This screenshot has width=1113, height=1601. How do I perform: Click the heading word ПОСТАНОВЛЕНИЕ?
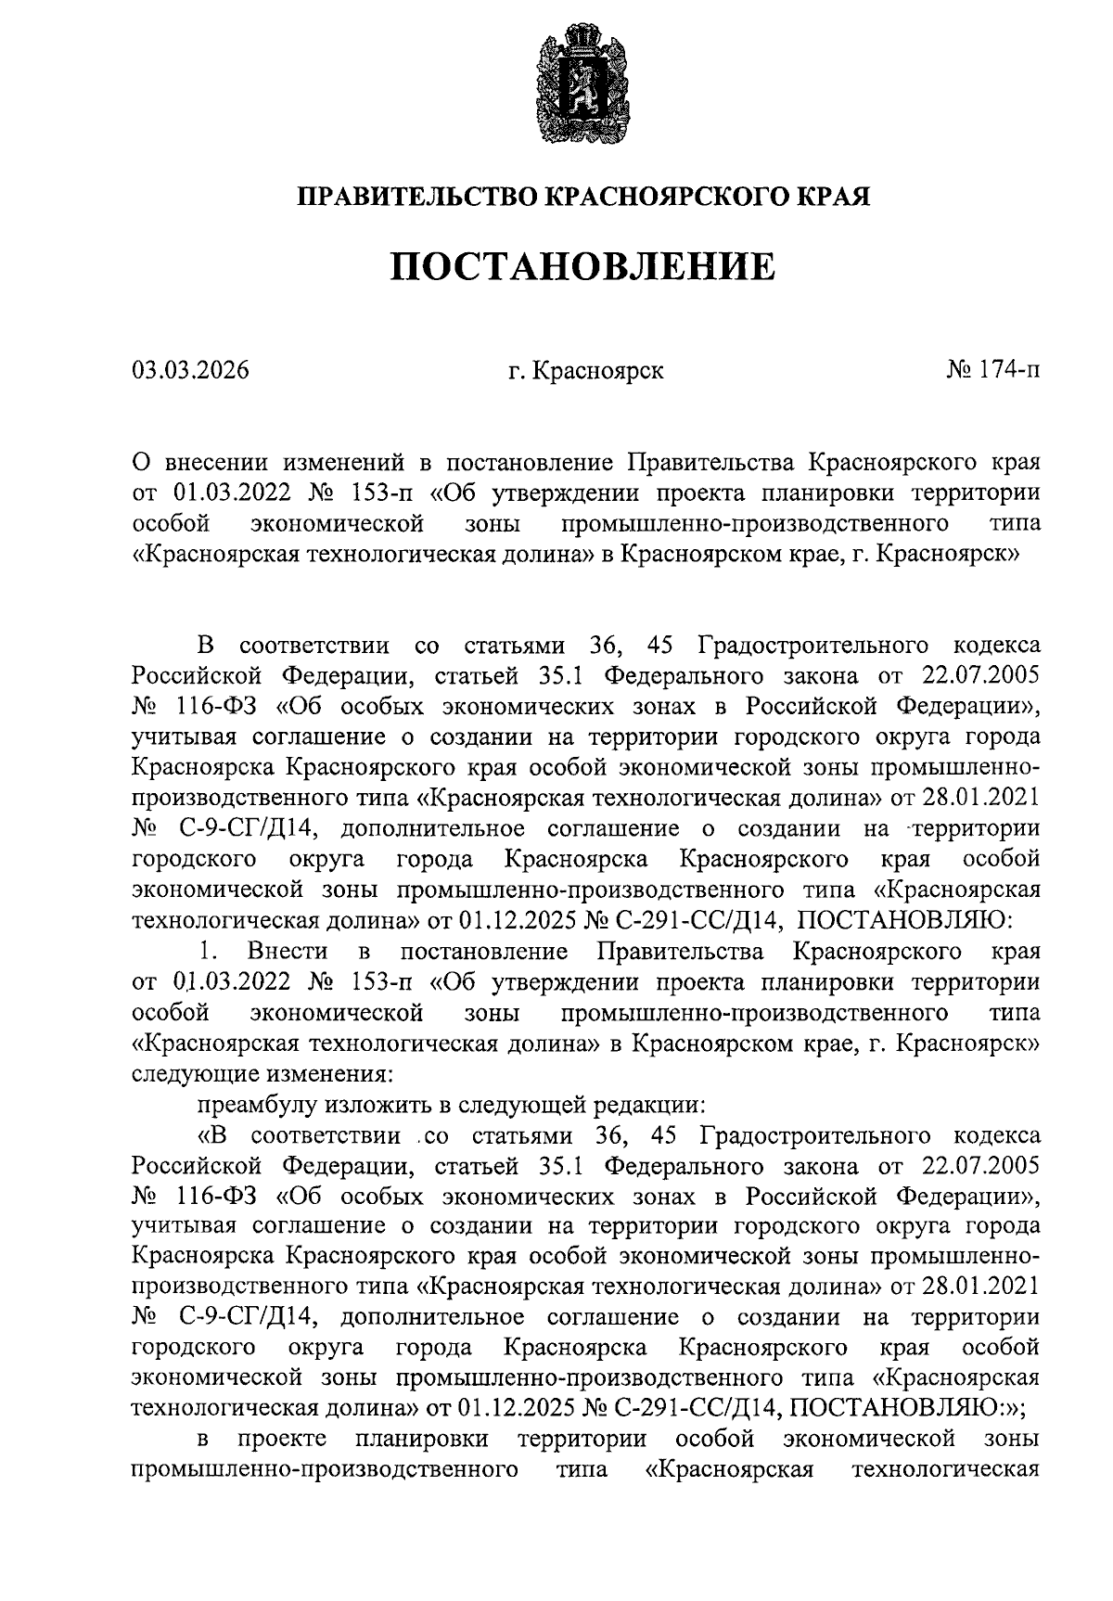coord(582,267)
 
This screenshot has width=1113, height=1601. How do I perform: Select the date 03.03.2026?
coord(190,372)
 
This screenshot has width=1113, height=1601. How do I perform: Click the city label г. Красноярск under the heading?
coord(585,372)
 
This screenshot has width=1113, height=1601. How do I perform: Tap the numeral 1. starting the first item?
coord(208,952)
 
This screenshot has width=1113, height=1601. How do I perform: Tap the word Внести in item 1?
coord(288,952)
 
